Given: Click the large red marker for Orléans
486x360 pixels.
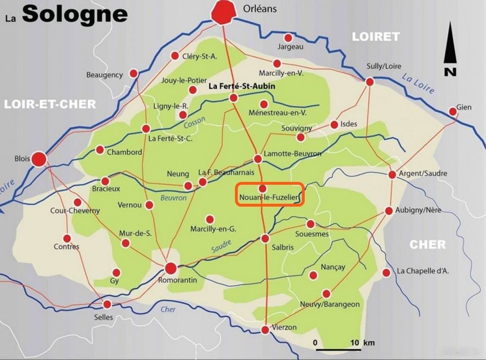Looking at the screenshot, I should pos(224,11).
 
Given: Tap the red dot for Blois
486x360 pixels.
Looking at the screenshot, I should pos(39,159).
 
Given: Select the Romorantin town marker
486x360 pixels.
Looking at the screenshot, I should pos(171,268).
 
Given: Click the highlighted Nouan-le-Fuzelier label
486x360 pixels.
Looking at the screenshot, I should pos(270,195).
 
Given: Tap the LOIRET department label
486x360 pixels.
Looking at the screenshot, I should pos(375,37).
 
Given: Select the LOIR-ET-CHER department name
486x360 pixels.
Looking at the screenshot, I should pos(50,104).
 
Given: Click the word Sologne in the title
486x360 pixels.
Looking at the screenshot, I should pos(75,14).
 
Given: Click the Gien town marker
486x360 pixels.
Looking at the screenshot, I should pos(453,112).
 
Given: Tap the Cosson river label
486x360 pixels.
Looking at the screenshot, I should pos(194,122).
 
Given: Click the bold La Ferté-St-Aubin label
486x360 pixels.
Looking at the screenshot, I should pos(242,87).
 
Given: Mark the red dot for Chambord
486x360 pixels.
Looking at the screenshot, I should pos(100,150).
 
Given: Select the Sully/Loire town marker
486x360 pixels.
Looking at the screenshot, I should pos(370,82).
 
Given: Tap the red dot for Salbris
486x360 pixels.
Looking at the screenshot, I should pos(265,238).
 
